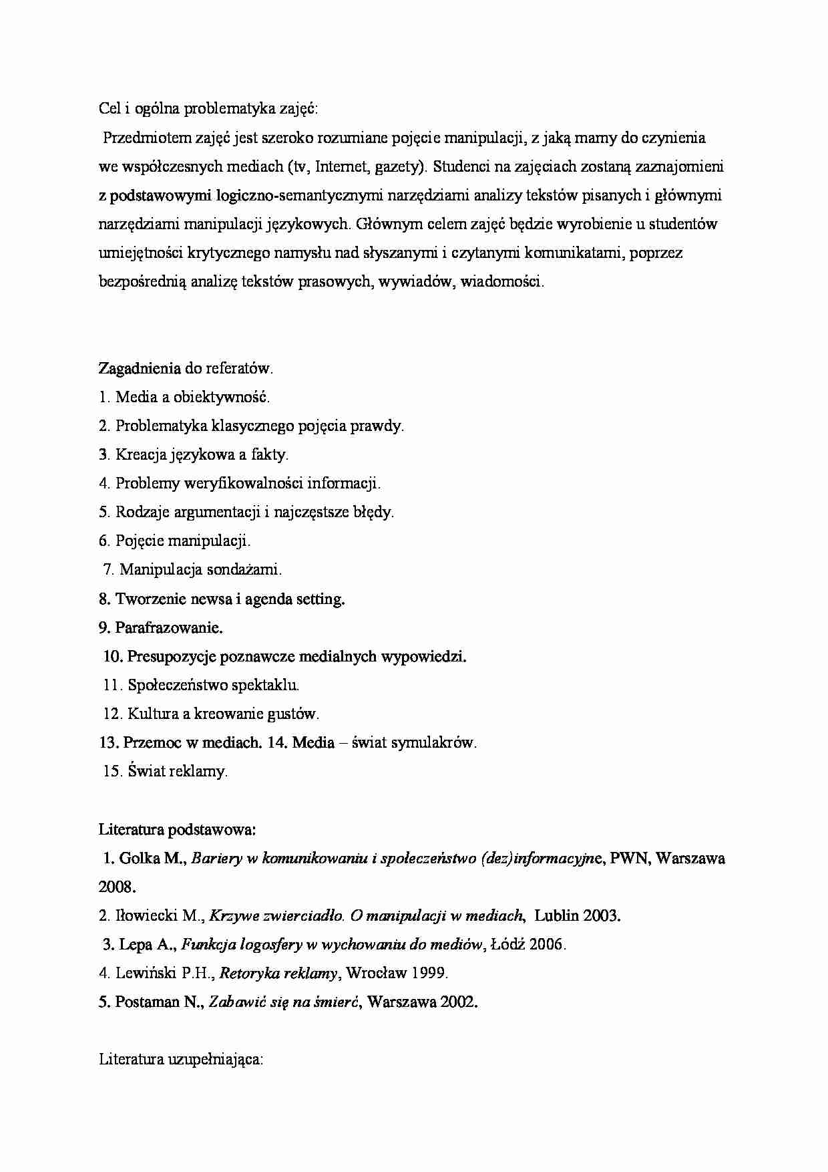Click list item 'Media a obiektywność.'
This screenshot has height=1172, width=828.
[x=192, y=397]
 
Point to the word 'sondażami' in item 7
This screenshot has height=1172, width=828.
[x=246, y=569]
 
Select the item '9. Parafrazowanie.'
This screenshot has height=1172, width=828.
[x=160, y=627]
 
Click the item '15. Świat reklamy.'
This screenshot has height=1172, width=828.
[x=166, y=771]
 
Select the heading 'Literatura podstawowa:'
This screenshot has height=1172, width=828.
[x=177, y=829]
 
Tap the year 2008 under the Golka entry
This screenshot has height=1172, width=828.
[x=117, y=887]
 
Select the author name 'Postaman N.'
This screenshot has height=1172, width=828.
[x=158, y=1002]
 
